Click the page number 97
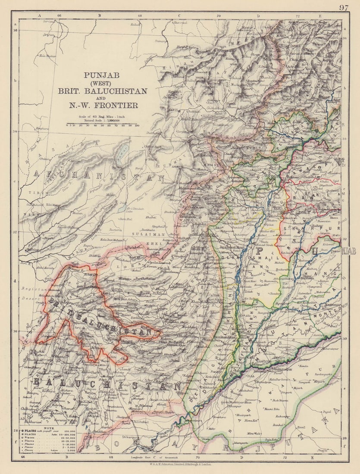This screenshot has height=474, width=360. point(343,7)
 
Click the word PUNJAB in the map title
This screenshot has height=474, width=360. point(102,75)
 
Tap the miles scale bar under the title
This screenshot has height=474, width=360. point(102,125)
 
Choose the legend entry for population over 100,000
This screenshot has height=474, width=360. point(47,430)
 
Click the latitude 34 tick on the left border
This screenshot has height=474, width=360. point(16,131)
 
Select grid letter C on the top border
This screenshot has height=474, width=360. point(179,15)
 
